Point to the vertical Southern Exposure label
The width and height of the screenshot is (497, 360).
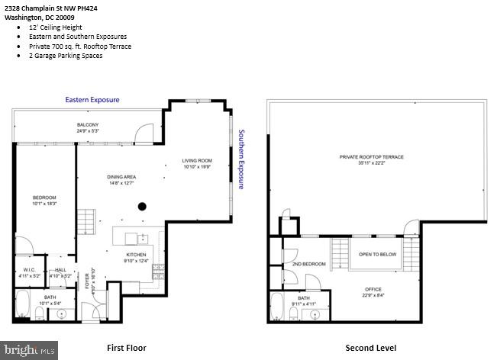240,159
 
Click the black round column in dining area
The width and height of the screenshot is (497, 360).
142,205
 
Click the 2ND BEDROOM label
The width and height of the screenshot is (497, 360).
309,264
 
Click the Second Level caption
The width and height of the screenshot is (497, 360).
370,348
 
